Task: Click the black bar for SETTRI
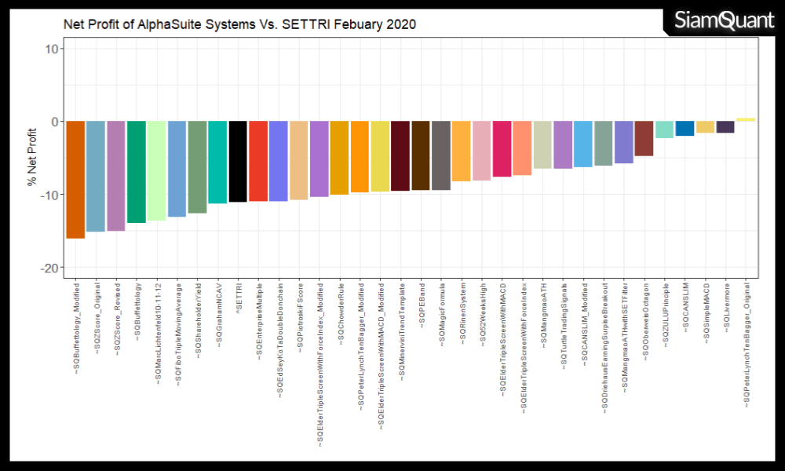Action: (x=238, y=162)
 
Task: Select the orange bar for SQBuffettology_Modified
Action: (x=75, y=180)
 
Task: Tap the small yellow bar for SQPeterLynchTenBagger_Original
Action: (x=746, y=119)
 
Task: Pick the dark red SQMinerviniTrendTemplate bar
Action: (x=400, y=156)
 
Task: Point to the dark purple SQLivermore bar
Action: (x=725, y=127)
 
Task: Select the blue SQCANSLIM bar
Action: (x=685, y=129)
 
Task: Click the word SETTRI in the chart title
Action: (x=307, y=24)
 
